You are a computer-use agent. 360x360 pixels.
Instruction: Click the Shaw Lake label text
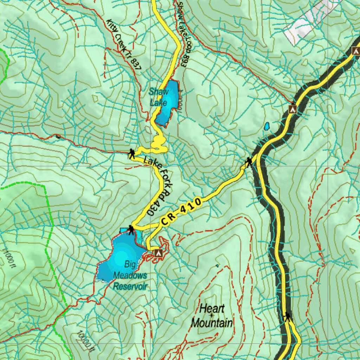tap(159, 97)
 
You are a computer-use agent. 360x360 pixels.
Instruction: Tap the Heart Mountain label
tap(212, 316)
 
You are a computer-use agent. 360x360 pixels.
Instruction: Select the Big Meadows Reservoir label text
tap(130, 275)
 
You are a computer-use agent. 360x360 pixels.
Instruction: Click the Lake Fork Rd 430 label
tap(159, 186)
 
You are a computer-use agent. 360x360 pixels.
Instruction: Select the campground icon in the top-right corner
tap(356, 51)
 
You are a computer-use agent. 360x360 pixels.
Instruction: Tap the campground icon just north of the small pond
tap(292, 109)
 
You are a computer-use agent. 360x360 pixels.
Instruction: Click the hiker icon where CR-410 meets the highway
tap(249, 162)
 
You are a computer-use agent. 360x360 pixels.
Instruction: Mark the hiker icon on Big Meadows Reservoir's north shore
tap(131, 230)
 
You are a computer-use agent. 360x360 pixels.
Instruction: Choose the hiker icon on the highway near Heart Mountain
tap(288, 317)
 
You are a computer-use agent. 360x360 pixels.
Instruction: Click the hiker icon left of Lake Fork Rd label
tap(132, 153)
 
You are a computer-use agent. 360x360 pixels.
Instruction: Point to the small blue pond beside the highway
tap(267, 126)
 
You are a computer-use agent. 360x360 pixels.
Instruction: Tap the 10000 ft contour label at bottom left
tap(86, 341)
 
